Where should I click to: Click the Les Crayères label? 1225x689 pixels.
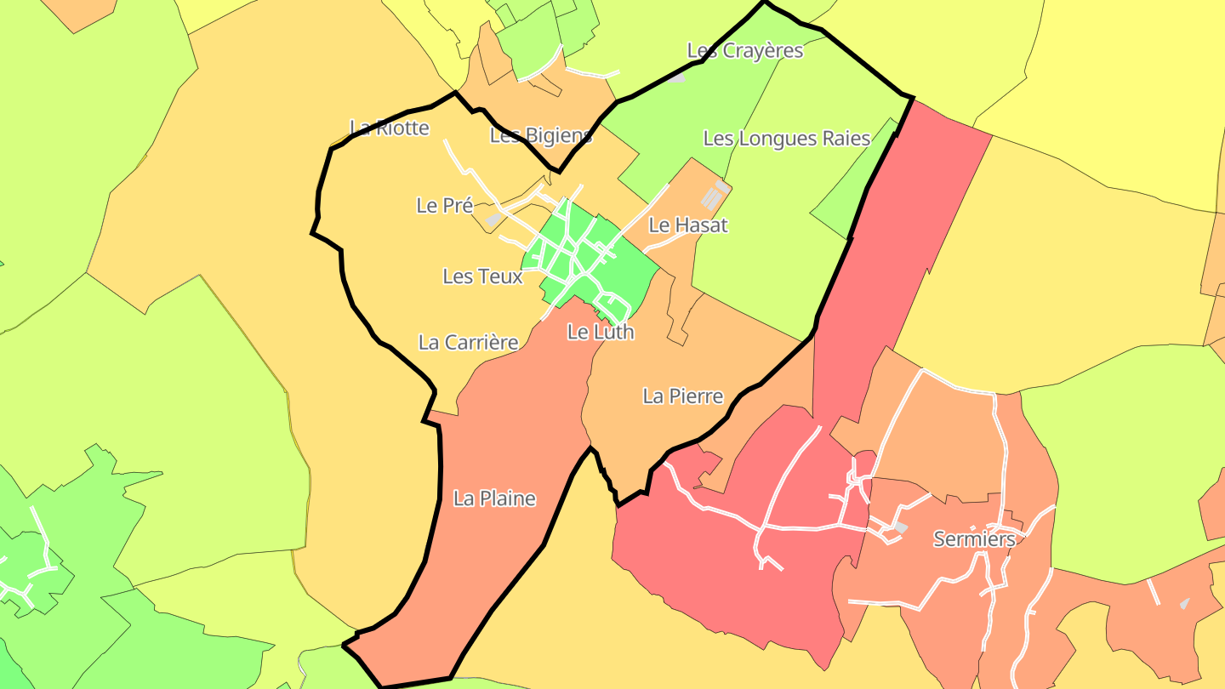745,51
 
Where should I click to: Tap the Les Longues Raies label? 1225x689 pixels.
787,139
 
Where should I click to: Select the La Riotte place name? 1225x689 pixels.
390,128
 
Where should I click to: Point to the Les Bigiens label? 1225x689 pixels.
541,135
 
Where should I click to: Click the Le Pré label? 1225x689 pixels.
444,206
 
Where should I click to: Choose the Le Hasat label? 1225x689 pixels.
688,225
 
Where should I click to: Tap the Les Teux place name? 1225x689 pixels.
482,276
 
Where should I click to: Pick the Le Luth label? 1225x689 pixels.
601,332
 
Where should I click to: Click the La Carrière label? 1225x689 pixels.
468,343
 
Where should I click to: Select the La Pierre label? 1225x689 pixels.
683,396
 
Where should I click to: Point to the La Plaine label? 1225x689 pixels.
494,499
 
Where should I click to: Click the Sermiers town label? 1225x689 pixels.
974,539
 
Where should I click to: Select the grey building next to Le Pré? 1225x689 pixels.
494,219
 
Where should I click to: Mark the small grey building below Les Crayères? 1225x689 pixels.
676,77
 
